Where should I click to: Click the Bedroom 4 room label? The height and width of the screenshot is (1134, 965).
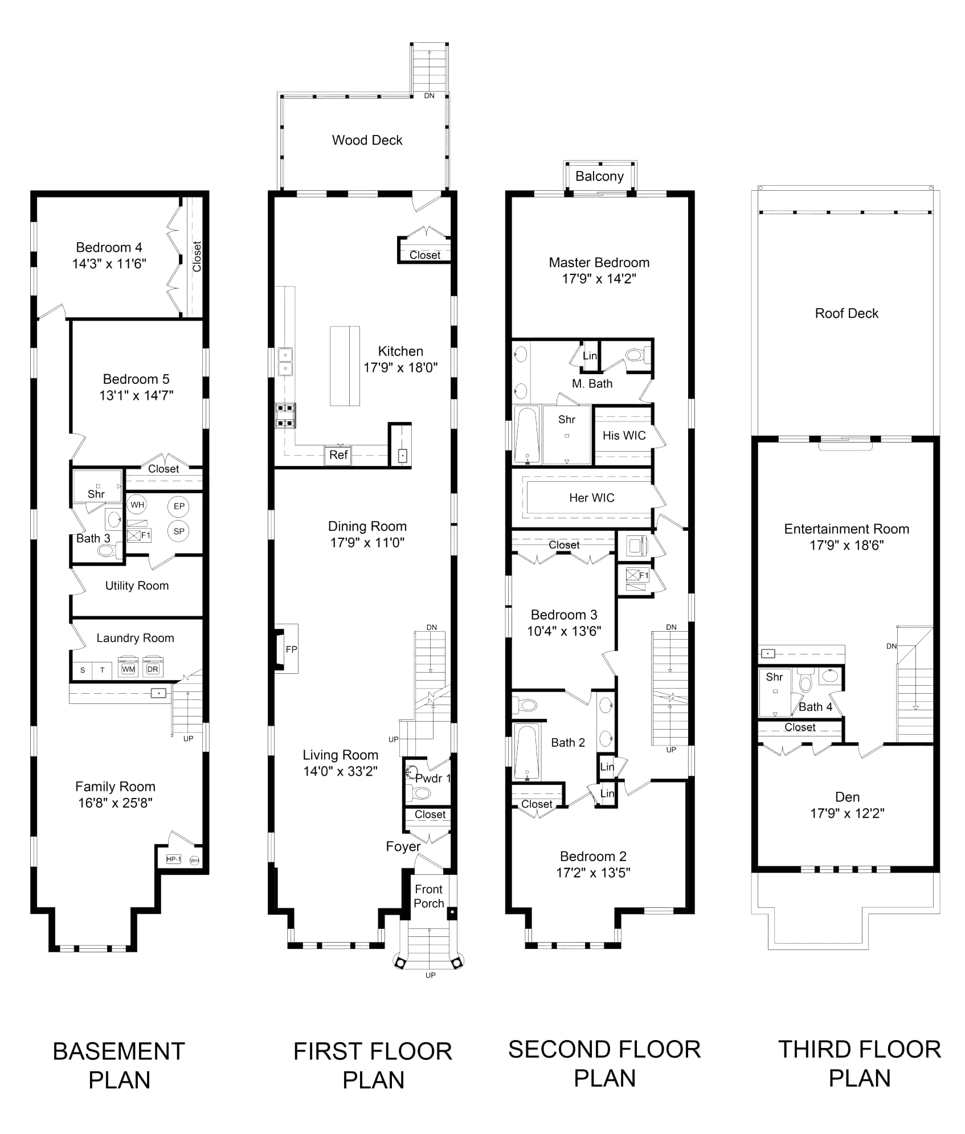tap(109, 248)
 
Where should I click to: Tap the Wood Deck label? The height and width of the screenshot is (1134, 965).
tap(369, 140)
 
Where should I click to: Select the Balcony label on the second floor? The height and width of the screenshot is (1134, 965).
tap(599, 177)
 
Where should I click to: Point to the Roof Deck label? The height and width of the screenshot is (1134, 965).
tap(847, 313)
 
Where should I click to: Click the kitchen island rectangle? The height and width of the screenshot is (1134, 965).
tap(345, 366)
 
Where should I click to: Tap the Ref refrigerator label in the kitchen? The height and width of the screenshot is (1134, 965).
tap(338, 455)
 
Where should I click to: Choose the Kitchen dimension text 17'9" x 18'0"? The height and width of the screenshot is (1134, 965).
tap(400, 367)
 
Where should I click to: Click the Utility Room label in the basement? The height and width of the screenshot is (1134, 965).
tap(137, 586)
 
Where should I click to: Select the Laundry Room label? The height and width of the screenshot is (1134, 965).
tap(135, 638)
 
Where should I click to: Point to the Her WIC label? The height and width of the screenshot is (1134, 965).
tap(592, 498)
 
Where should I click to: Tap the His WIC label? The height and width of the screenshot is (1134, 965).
tap(624, 436)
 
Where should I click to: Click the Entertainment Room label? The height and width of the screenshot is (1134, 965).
tap(846, 529)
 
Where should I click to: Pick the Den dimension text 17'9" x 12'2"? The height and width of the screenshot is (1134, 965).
tap(847, 814)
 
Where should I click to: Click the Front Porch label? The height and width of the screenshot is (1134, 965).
tap(430, 896)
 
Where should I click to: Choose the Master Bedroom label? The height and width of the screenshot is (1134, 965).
tap(599, 263)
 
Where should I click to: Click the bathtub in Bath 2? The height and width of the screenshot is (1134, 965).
tap(528, 750)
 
